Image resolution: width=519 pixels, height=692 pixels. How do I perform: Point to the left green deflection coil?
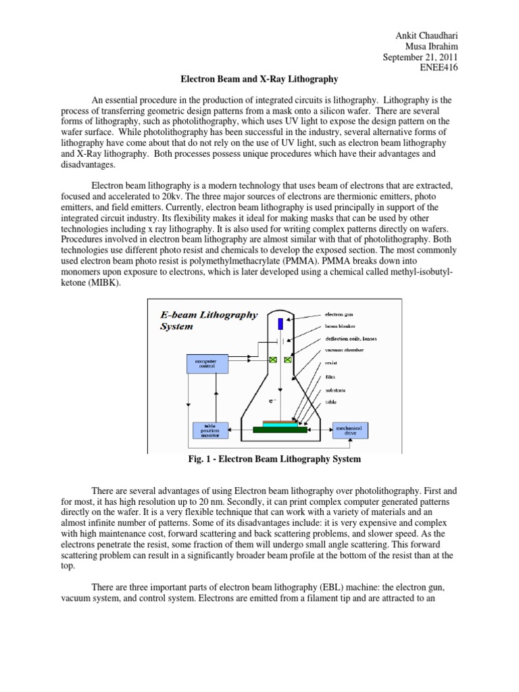point(274,361)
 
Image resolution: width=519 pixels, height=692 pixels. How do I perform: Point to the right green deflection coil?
point(289,361)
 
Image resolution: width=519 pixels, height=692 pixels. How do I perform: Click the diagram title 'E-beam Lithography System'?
point(208,320)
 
